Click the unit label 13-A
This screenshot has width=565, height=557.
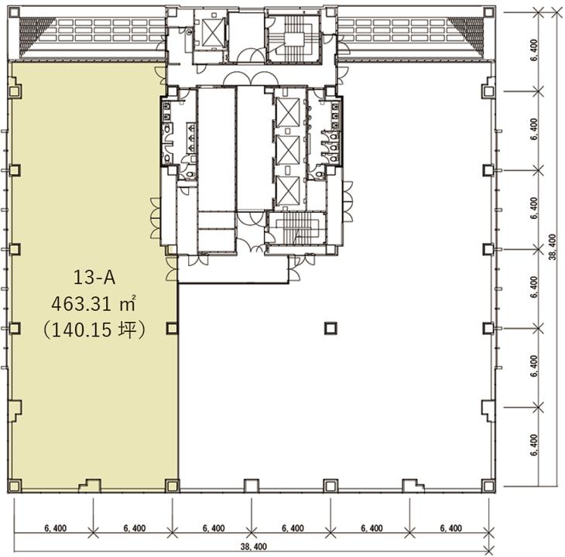click(x=94, y=278)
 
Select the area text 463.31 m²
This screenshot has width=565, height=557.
click(x=94, y=304)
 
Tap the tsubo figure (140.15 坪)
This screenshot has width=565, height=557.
click(x=94, y=330)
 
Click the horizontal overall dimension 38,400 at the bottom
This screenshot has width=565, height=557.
click(x=254, y=547)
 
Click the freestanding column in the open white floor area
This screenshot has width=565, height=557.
click(x=330, y=328)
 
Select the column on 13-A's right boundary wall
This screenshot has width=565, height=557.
click(x=172, y=328)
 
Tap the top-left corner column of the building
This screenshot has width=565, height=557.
click(x=14, y=13)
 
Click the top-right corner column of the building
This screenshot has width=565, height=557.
click(x=488, y=13)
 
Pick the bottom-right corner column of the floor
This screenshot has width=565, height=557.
click(x=488, y=486)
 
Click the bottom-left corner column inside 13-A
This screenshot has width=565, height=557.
click(x=15, y=486)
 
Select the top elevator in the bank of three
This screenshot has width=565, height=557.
click(x=288, y=112)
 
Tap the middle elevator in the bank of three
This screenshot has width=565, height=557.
click(x=288, y=151)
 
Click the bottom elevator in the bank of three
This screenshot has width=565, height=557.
click(x=288, y=190)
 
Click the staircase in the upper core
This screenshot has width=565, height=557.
click(x=294, y=39)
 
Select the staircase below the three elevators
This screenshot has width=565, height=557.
click(x=297, y=228)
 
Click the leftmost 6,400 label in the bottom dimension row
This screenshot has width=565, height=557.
click(x=56, y=528)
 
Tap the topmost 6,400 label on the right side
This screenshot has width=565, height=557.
click(x=534, y=50)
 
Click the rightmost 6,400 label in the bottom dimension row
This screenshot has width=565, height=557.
click(x=450, y=528)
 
